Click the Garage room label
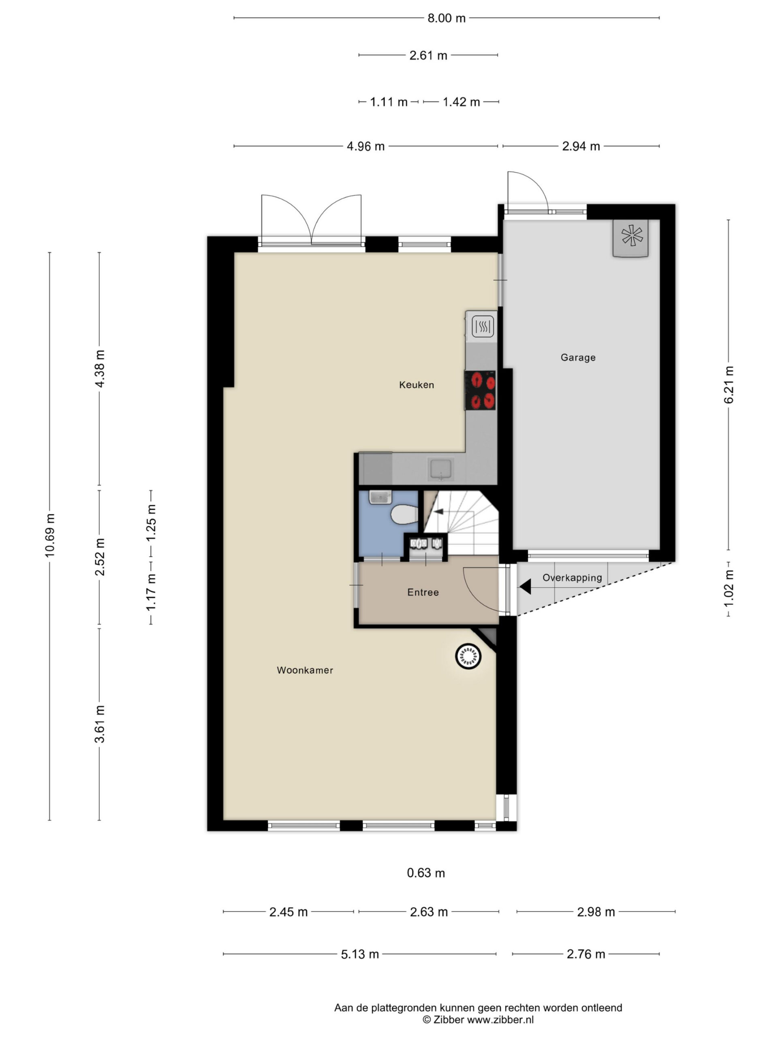[x=578, y=357]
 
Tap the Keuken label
[x=417, y=385]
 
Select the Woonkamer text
[x=305, y=670]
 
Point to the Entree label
[x=423, y=593]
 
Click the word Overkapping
[x=572, y=578]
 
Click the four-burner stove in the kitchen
[x=481, y=390]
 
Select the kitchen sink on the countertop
[x=440, y=469]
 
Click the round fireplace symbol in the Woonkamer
[x=468, y=656]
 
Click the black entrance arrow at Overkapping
[x=525, y=587]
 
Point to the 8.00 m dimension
[x=447, y=18]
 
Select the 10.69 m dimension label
[x=50, y=536]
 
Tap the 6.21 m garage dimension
[x=728, y=385]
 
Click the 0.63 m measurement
[x=426, y=873]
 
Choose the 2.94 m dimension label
[x=581, y=146]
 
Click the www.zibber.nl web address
[x=500, y=1020]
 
